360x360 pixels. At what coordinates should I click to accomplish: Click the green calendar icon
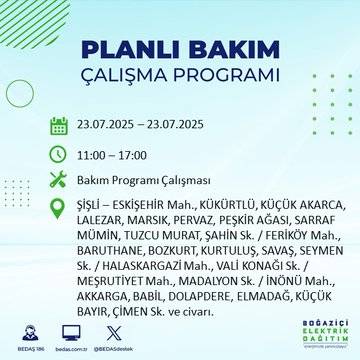[58, 125]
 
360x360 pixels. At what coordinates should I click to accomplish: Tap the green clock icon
[58, 154]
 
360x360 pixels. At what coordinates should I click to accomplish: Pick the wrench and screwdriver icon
[58, 182]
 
